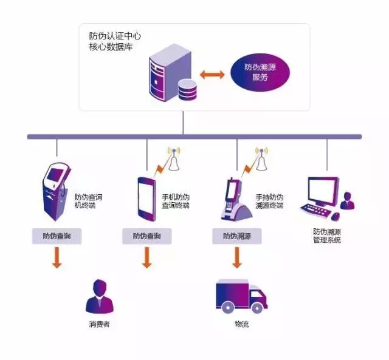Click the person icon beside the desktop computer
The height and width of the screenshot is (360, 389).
(347, 201)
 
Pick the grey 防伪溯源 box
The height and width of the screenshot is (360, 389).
(236, 236)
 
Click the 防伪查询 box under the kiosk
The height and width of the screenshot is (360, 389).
(57, 236)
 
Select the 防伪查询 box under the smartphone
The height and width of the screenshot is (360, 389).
(146, 236)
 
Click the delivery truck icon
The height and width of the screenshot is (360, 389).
(241, 295)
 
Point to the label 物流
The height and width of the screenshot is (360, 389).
(241, 324)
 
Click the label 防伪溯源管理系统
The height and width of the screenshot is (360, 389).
(327, 236)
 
